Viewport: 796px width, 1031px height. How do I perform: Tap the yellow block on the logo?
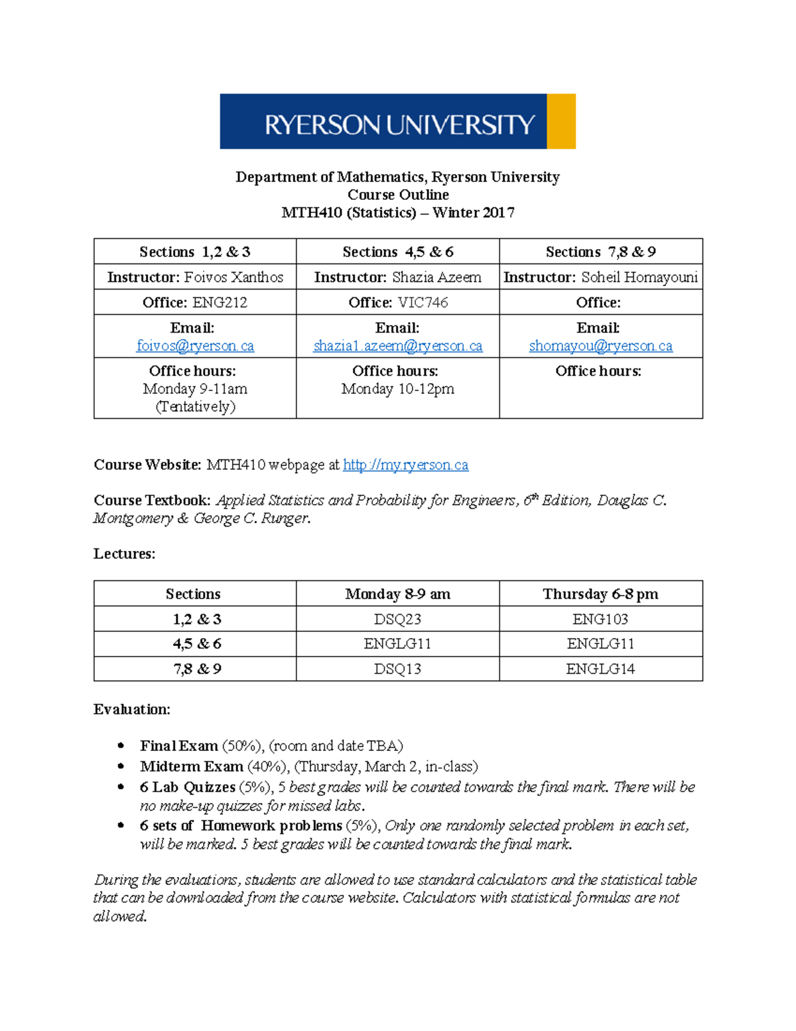pos(561,121)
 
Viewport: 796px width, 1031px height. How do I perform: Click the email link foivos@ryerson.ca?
pos(195,346)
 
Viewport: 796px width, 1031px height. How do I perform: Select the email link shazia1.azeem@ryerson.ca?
pos(397,346)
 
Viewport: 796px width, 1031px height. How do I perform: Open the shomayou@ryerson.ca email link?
pos(600,346)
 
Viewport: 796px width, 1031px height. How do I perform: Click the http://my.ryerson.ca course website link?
pos(405,465)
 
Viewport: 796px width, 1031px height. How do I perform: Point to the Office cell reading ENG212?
pos(195,303)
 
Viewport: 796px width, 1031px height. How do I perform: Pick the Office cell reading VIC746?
pos(398,303)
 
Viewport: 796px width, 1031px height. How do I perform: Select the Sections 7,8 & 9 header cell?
pos(600,252)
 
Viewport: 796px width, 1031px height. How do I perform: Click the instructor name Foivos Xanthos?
pos(233,278)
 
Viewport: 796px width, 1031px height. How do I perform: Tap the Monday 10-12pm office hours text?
pos(397,389)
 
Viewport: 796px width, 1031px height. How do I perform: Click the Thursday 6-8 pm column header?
pos(600,594)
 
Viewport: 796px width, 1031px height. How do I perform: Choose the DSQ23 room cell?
pos(397,619)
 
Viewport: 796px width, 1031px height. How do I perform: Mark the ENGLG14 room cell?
pos(600,669)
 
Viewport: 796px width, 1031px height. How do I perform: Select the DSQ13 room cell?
pos(397,669)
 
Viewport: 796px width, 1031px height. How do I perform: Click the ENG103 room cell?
pos(600,619)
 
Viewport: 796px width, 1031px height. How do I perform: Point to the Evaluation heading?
pos(131,710)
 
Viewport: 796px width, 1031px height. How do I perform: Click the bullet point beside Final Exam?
pos(121,746)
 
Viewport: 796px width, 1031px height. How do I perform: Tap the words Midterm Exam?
pos(191,767)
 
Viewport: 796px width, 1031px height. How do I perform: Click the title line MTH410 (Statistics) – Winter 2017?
pos(397,212)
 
